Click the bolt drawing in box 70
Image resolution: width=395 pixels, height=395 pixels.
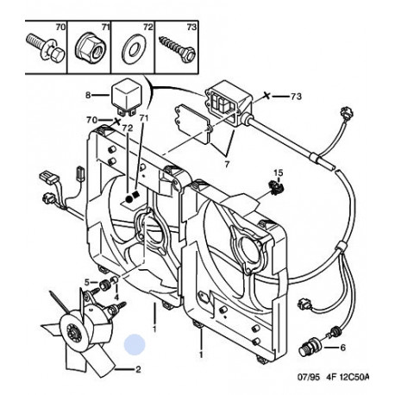click(x=46, y=49)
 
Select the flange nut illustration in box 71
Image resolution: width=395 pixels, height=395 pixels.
click(x=90, y=48)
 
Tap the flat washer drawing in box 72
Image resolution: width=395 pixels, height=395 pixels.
click(x=135, y=49)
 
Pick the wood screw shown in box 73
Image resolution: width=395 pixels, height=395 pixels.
click(x=178, y=48)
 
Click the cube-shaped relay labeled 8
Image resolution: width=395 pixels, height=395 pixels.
click(x=125, y=97)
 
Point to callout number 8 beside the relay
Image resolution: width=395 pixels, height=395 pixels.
click(x=88, y=95)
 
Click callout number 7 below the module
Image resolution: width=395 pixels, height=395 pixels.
click(x=227, y=165)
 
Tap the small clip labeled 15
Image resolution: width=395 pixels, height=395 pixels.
click(x=277, y=187)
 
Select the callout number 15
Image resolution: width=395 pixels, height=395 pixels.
click(x=278, y=172)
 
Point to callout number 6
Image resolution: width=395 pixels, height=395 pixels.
click(x=342, y=348)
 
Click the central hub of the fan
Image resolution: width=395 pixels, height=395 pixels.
click(x=74, y=333)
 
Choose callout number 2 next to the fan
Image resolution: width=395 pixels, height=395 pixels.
click(x=138, y=369)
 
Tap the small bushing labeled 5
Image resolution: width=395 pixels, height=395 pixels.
click(x=105, y=285)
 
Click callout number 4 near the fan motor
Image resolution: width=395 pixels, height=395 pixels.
click(x=116, y=297)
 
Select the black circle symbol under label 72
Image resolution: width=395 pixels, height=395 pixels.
click(x=129, y=198)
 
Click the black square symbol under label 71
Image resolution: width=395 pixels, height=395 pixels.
click(x=136, y=195)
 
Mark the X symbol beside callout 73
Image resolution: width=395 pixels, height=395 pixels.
click(x=267, y=96)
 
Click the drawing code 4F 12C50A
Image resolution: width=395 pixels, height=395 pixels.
click(x=348, y=377)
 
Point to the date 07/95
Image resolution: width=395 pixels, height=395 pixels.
click(x=308, y=377)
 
